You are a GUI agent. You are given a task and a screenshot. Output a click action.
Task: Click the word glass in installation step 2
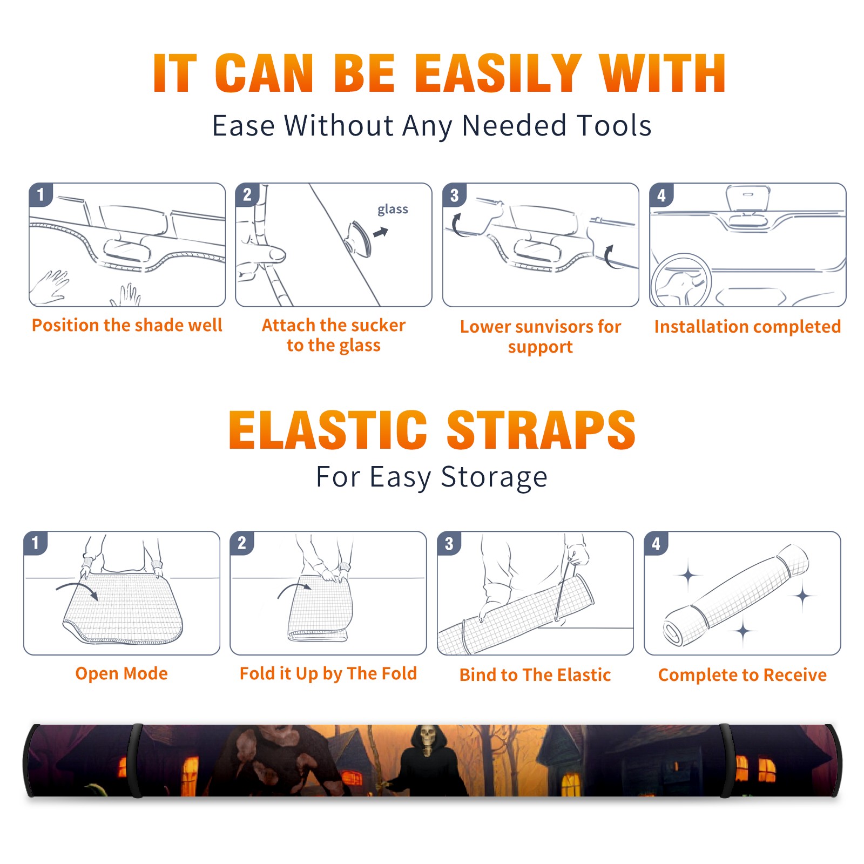pyautogui.click(x=393, y=210)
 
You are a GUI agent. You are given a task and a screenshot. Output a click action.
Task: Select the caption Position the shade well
pyautogui.click(x=127, y=325)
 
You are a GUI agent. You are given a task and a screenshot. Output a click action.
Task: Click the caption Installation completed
pyautogui.click(x=747, y=326)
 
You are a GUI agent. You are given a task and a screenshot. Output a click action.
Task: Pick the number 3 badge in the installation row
pyautogui.click(x=454, y=195)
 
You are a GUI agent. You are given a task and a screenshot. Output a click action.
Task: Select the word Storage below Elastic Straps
pyautogui.click(x=494, y=477)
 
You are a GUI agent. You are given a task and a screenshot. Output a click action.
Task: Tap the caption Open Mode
pyautogui.click(x=122, y=673)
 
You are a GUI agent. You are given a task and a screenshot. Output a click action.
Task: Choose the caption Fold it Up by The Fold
pyautogui.click(x=328, y=673)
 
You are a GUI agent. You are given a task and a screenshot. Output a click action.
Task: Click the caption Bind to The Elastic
pyautogui.click(x=535, y=675)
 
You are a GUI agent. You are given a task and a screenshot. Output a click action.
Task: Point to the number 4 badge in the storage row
pyautogui.click(x=656, y=543)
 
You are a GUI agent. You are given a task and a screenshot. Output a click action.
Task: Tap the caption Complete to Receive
pyautogui.click(x=742, y=675)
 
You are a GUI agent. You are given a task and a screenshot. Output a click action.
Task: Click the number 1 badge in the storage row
pyautogui.click(x=36, y=543)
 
